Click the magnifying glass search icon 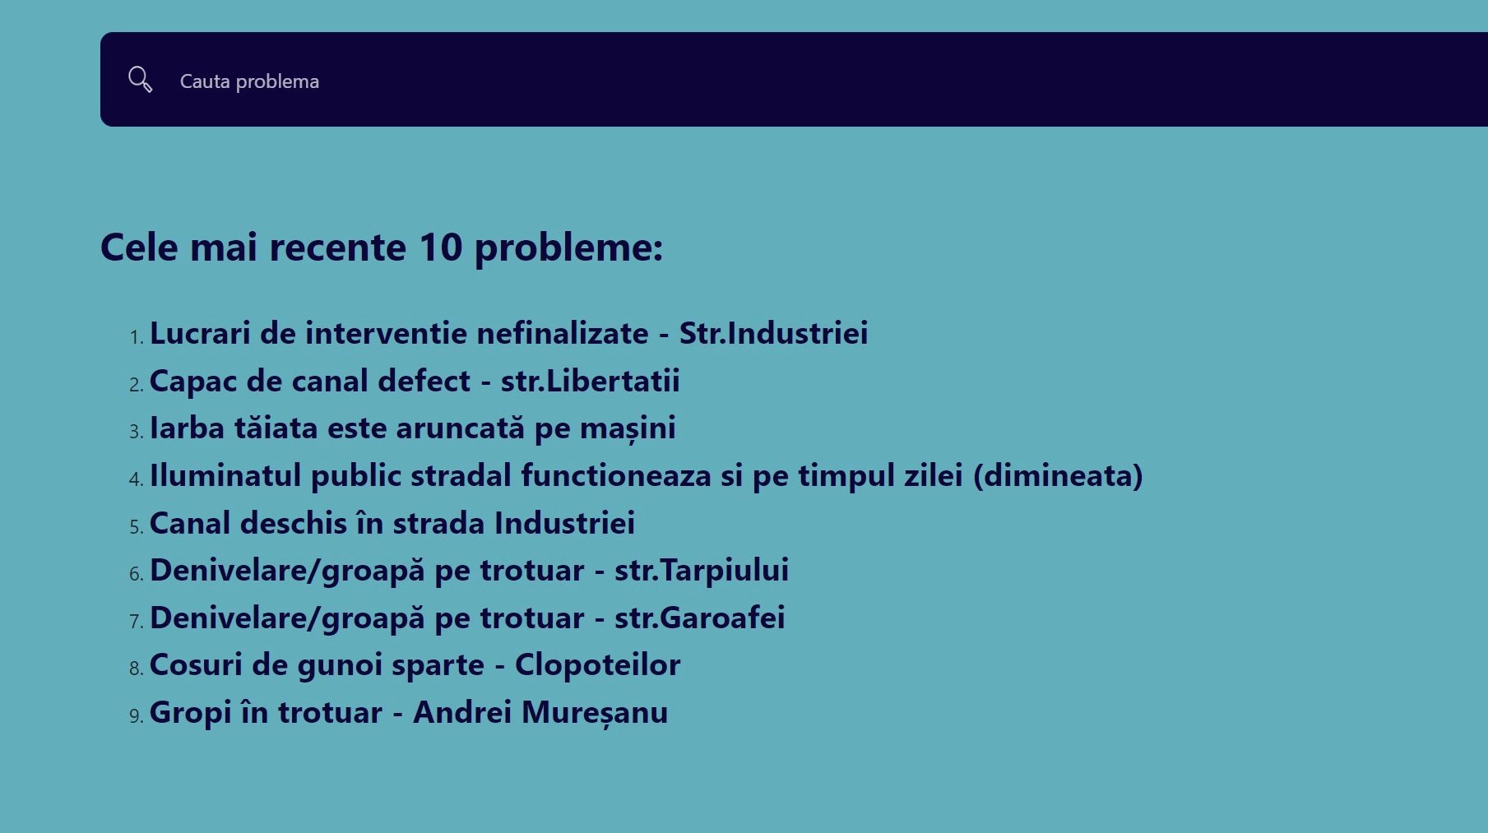pos(141,80)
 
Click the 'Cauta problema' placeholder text pos(249,81)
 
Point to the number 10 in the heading pos(441,247)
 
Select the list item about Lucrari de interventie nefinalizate pos(508,333)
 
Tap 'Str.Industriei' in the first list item pos(773,333)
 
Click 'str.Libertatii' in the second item pos(591,381)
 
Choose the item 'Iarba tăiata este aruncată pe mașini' pos(413,428)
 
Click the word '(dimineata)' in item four pos(1058,475)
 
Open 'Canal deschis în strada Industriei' pos(392,523)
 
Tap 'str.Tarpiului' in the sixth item pos(702,570)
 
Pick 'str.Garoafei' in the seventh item pos(700,618)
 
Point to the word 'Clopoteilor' pos(597,664)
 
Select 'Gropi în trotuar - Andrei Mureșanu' pos(409,712)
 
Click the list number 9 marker pos(137,716)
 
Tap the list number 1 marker pos(137,337)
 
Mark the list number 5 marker pos(137,527)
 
